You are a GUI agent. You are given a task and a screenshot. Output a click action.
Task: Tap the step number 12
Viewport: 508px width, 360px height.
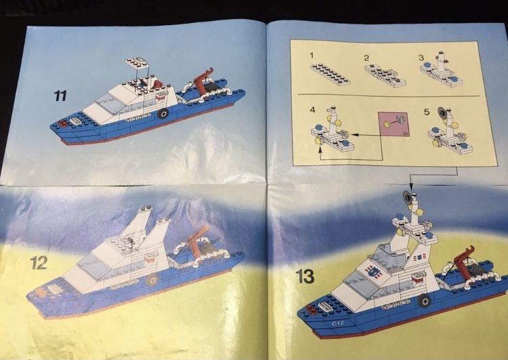(39, 262)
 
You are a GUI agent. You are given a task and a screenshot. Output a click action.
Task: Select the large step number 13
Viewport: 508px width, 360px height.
(305, 276)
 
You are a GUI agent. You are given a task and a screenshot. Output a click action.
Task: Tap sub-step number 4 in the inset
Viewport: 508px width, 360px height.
(313, 109)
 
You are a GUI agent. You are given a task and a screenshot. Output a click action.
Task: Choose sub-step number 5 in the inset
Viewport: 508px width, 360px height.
(428, 109)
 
